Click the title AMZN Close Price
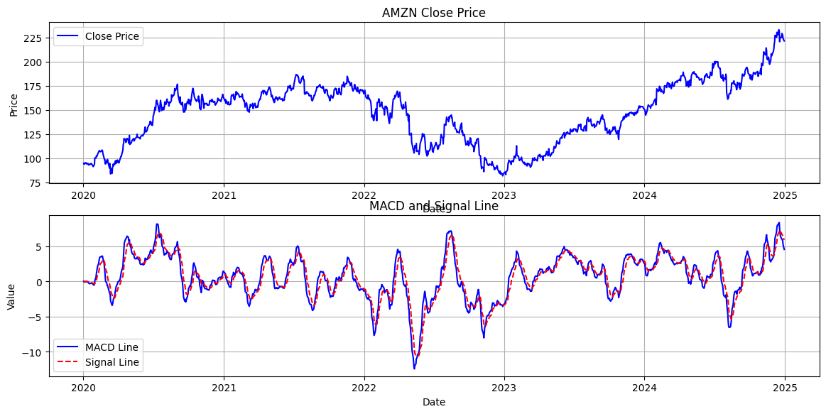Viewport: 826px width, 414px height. click(x=433, y=13)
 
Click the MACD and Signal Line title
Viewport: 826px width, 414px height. click(x=433, y=207)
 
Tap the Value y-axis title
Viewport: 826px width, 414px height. click(x=11, y=296)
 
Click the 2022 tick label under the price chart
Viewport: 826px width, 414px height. click(x=364, y=195)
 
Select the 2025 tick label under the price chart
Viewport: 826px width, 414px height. click(x=784, y=195)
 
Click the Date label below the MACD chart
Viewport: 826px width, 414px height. click(x=433, y=402)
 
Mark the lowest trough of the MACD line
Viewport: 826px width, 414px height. click(x=414, y=369)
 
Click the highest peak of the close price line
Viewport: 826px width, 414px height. click(x=778, y=30)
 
